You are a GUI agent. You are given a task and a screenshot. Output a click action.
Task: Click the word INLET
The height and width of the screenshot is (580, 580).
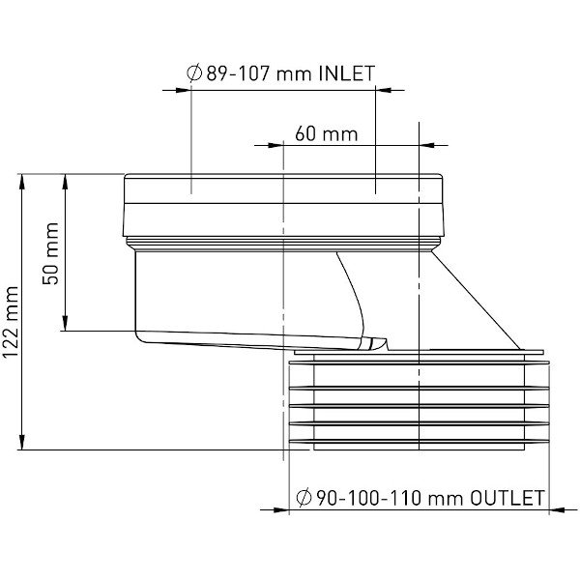(345, 72)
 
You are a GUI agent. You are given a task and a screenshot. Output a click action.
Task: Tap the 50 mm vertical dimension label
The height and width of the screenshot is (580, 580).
(51, 253)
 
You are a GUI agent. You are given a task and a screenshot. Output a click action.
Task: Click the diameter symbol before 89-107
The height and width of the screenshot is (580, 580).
(192, 72)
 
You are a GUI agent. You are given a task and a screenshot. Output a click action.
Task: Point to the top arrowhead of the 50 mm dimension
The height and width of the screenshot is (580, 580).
(65, 179)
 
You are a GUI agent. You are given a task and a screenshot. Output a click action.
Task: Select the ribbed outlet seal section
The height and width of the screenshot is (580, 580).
(420, 401)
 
